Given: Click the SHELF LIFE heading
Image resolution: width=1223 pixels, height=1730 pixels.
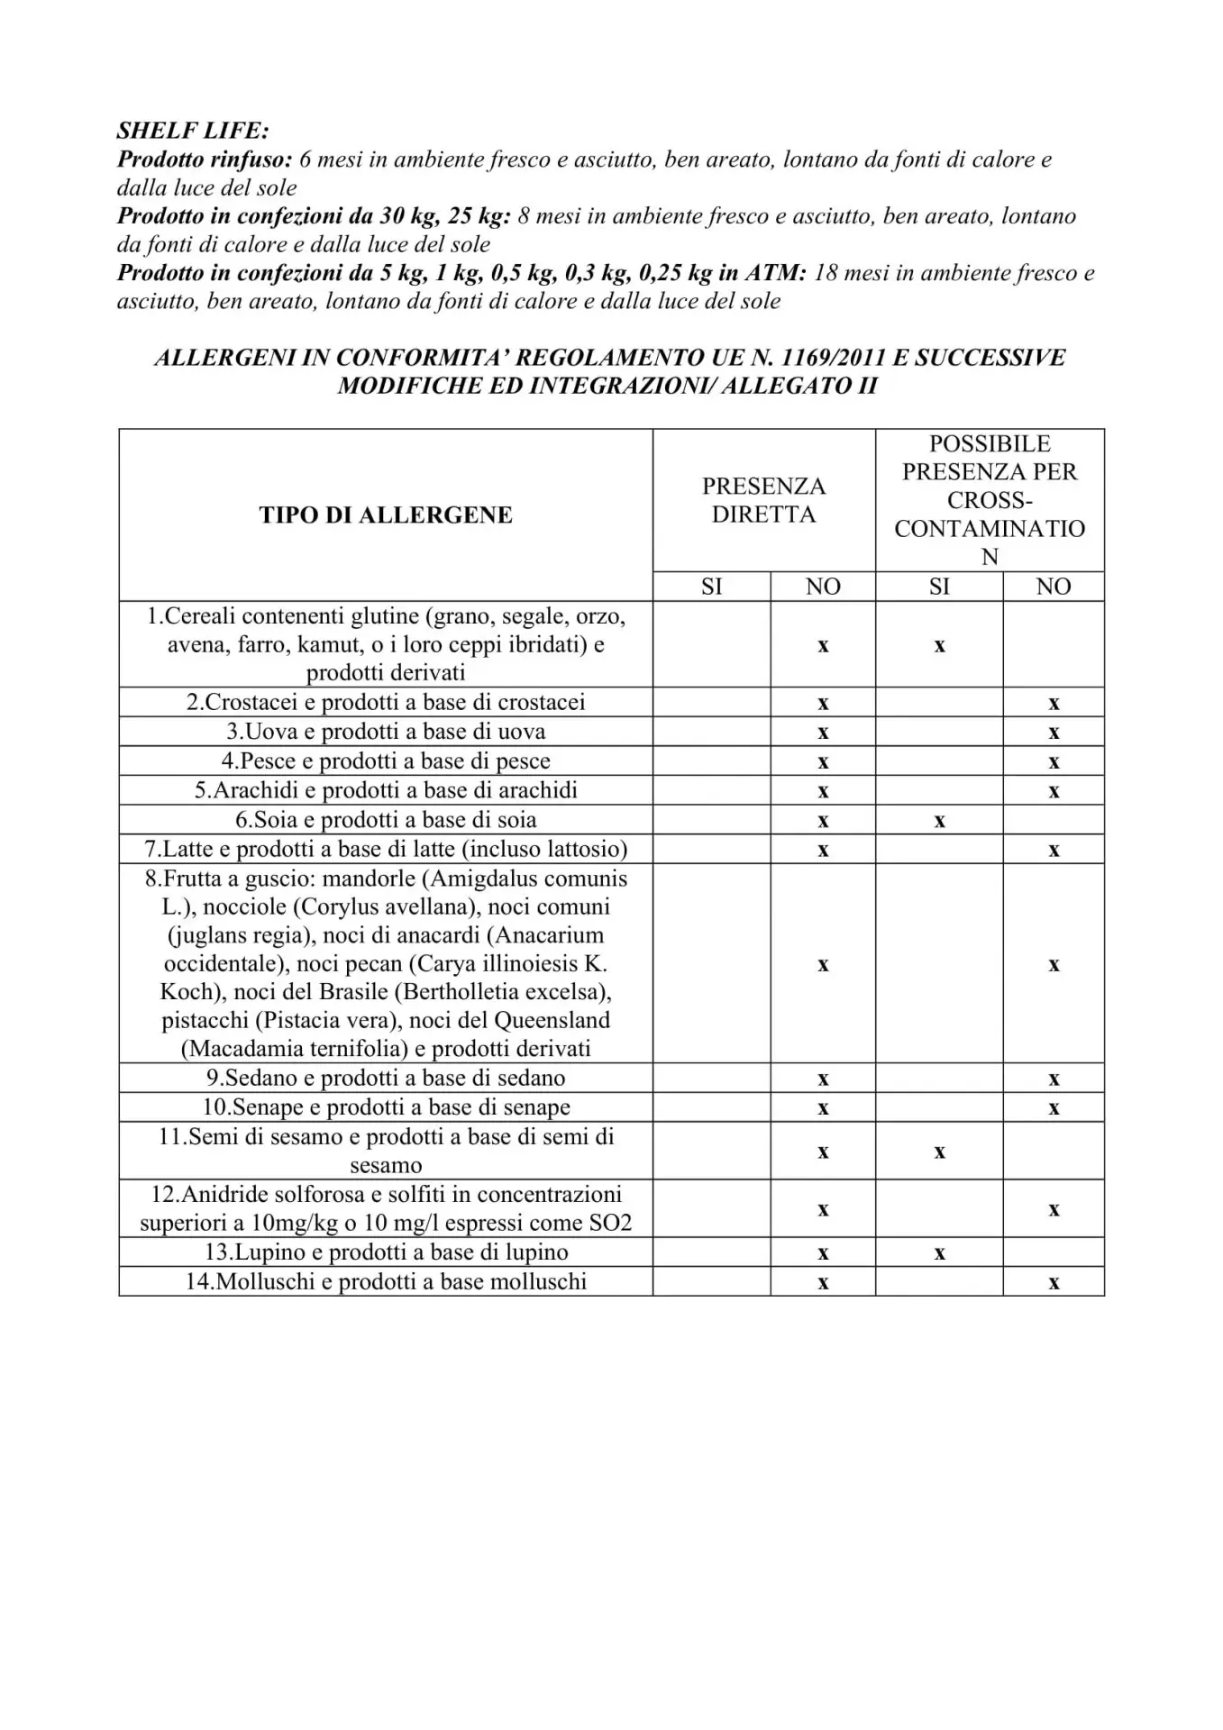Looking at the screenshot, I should (x=193, y=131).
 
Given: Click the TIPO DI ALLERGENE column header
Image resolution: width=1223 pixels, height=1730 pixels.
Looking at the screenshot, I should (x=386, y=514).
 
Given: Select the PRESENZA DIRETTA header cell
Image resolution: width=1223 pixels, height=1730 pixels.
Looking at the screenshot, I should (x=763, y=500).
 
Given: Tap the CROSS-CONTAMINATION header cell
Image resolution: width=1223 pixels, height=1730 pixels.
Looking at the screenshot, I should (x=990, y=500).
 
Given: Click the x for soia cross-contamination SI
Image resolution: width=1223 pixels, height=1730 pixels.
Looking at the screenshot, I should (x=939, y=821).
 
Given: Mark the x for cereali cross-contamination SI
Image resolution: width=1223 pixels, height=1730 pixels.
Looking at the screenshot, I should (x=939, y=646).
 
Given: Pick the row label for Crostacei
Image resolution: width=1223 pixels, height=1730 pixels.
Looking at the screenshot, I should (x=386, y=702).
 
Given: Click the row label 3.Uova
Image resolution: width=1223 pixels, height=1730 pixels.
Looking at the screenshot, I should (x=386, y=732).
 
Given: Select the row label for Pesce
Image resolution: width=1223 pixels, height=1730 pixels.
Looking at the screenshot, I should (x=386, y=761).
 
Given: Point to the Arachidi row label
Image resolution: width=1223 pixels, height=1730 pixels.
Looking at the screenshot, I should (x=386, y=790).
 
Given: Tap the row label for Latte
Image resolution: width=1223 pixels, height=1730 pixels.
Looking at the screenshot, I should (x=386, y=849).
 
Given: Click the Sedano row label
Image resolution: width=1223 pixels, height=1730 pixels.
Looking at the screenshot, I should (x=386, y=1078).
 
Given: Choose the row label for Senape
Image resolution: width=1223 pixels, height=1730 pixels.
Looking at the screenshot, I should (x=386, y=1107).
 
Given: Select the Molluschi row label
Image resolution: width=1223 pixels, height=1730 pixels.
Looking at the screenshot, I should (x=386, y=1281).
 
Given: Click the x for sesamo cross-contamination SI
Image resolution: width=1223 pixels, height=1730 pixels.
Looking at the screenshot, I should (x=939, y=1152).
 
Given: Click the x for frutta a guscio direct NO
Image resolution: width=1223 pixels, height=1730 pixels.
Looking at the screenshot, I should (x=823, y=965).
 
